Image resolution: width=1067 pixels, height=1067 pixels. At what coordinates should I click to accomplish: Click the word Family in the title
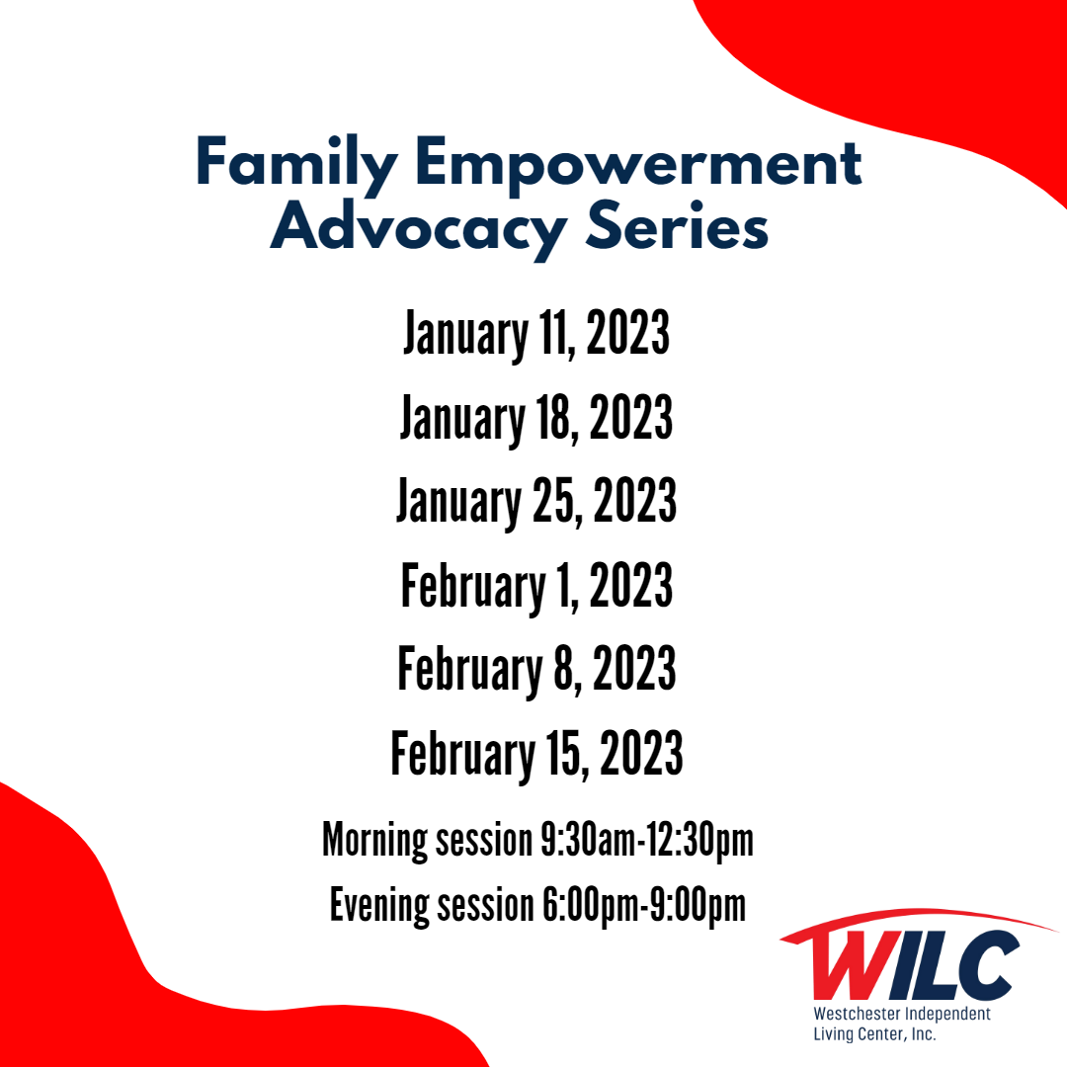click(x=296, y=164)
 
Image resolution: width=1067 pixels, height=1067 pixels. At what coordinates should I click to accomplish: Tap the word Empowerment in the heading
click(x=638, y=164)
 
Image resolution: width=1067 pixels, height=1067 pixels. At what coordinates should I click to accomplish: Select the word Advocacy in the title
click(x=419, y=229)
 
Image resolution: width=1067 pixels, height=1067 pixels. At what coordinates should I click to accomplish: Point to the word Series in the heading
click(x=677, y=225)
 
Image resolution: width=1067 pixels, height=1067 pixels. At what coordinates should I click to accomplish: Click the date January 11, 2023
click(x=536, y=334)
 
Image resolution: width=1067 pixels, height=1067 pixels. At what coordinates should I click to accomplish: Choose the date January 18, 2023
click(x=536, y=417)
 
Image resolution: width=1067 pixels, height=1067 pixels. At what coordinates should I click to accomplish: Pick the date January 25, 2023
click(x=536, y=502)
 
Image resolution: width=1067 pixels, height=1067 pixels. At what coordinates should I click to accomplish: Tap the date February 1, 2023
click(x=536, y=586)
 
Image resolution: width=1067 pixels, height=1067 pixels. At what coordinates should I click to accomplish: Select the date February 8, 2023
click(x=536, y=670)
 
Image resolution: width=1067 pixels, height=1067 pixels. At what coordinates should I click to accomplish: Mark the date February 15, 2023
click(x=536, y=754)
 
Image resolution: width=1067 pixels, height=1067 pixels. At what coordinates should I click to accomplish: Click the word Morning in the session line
click(x=374, y=841)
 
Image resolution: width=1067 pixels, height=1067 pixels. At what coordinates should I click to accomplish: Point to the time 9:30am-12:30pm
click(x=646, y=841)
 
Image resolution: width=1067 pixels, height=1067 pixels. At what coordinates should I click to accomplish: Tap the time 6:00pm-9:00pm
click(x=644, y=906)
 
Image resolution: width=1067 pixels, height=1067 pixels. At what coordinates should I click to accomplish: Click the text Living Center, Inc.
click(x=874, y=1034)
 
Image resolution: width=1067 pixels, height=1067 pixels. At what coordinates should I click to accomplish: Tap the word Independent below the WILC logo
click(x=946, y=1015)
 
